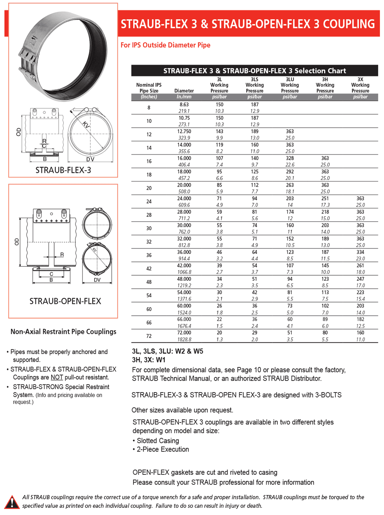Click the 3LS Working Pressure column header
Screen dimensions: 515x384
(x=255, y=85)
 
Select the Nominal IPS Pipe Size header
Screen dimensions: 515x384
(x=149, y=88)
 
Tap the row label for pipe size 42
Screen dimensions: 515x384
(x=149, y=269)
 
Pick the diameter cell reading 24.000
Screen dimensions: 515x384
(x=184, y=199)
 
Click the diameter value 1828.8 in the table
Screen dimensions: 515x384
(x=184, y=339)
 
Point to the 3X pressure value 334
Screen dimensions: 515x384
(x=360, y=252)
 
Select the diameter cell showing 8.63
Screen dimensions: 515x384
(x=184, y=104)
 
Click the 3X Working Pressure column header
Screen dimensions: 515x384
(x=360, y=85)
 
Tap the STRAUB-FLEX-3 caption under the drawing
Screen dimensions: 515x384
(x=63, y=170)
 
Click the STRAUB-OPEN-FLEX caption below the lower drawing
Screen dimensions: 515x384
(x=65, y=301)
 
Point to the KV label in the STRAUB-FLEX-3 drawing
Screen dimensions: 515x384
(x=86, y=125)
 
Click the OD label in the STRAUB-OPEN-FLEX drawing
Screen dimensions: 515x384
(x=17, y=242)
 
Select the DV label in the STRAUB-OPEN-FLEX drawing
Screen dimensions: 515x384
(x=97, y=280)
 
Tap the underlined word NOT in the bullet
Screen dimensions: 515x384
(x=57, y=378)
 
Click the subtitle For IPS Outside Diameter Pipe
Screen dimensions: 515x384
(x=166, y=45)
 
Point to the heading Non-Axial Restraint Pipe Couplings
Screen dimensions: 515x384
(x=63, y=332)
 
